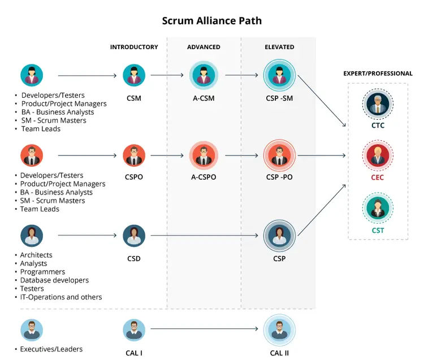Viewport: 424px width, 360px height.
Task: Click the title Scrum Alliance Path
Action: coord(211,21)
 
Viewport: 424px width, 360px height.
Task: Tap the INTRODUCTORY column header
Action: coord(134,47)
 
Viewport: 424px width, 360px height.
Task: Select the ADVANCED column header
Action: coord(204,47)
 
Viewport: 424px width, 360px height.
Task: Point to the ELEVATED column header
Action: coord(279,47)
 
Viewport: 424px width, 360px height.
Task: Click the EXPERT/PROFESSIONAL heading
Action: coord(378,73)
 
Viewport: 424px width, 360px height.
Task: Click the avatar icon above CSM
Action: coord(134,75)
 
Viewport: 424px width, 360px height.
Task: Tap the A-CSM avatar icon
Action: coord(204,75)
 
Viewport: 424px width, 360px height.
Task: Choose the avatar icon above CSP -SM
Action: coord(279,75)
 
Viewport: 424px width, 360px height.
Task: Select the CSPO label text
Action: coord(134,177)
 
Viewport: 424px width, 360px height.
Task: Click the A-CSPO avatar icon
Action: coord(204,155)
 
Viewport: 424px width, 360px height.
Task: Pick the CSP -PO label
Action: coord(279,177)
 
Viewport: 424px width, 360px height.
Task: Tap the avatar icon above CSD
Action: coord(134,236)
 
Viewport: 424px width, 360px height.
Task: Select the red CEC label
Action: coord(378,178)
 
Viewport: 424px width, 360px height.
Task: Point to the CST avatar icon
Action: coord(378,207)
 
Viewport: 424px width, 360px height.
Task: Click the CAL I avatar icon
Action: coord(134,329)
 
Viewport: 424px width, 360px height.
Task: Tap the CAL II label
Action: coord(279,353)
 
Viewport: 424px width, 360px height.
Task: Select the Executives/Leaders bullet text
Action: coord(51,349)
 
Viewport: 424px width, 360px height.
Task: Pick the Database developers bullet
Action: coord(54,280)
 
